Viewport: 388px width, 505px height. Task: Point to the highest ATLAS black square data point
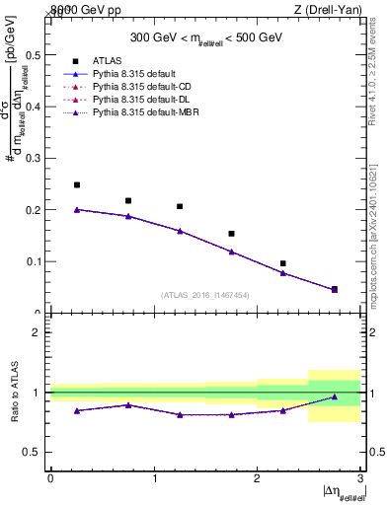click(77, 184)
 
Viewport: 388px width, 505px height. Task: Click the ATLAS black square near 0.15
click(231, 234)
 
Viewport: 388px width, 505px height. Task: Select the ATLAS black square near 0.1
click(282, 263)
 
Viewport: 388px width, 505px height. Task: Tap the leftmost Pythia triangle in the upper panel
click(77, 209)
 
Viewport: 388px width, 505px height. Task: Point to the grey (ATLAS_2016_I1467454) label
click(205, 295)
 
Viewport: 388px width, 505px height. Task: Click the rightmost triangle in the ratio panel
click(335, 397)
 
